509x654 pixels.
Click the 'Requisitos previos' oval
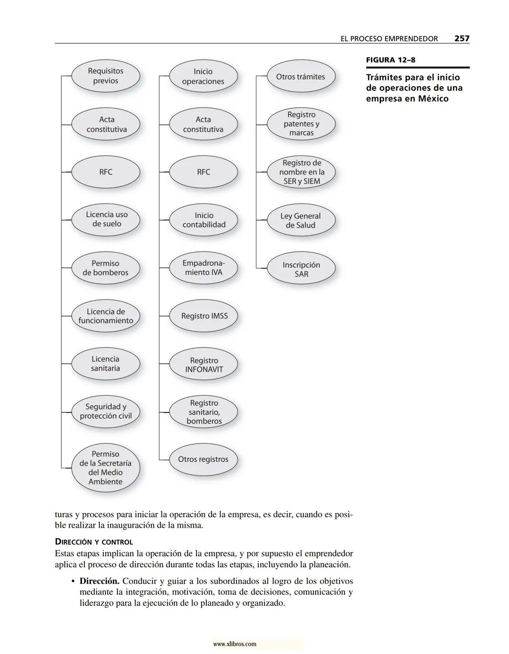tap(106, 76)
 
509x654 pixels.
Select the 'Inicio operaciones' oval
tap(203, 76)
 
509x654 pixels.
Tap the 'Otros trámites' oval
tap(301, 77)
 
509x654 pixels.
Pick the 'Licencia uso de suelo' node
tap(106, 220)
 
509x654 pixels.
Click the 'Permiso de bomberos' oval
tap(106, 268)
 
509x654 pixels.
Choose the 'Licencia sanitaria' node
tap(106, 364)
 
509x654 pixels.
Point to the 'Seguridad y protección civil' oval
tap(106, 411)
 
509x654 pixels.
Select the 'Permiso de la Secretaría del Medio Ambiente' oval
tap(106, 468)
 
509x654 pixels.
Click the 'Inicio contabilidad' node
tap(203, 220)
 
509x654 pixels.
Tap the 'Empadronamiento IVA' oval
tap(203, 268)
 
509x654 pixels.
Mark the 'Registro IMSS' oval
tap(203, 316)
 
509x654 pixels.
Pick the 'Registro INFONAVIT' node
tap(203, 365)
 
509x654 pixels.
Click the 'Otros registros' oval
tap(203, 459)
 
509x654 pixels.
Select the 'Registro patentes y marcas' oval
tap(301, 124)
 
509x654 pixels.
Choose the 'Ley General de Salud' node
tap(301, 221)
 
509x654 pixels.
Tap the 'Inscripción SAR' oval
tap(301, 269)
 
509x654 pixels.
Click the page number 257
tap(461, 39)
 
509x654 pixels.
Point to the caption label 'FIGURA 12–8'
tap(391, 60)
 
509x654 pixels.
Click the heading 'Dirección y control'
tap(94, 542)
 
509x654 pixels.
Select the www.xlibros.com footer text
tap(235, 644)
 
